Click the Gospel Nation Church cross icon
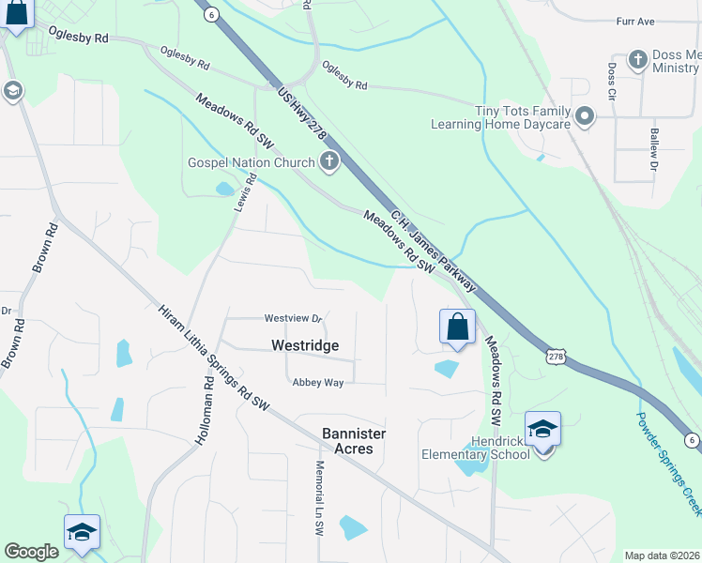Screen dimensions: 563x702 tap(328, 163)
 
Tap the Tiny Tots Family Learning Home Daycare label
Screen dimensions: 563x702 tap(500, 117)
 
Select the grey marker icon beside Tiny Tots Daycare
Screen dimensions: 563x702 tap(586, 117)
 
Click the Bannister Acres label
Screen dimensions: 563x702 tap(354, 441)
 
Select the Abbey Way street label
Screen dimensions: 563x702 tap(318, 382)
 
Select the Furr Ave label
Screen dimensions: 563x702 tap(661, 21)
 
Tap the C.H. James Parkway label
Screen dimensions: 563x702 tap(434, 249)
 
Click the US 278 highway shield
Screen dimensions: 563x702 tap(557, 357)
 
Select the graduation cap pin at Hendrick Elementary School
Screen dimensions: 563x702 tap(542, 430)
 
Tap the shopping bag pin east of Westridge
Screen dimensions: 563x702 tap(457, 327)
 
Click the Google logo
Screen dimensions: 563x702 tap(31, 552)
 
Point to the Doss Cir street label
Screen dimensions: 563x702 tap(611, 83)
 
